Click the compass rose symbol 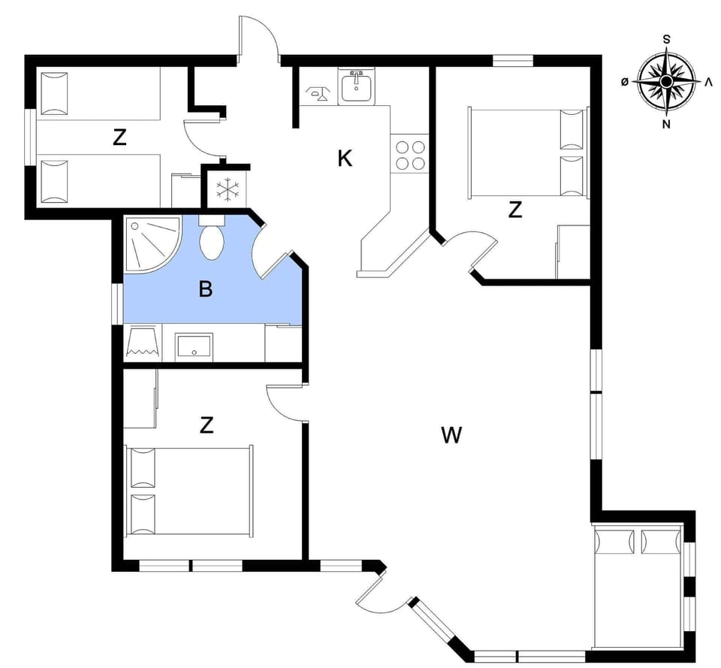666,81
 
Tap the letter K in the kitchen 345,159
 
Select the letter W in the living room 451,434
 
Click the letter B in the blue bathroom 205,289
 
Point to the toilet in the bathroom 212,239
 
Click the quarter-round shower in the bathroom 150,243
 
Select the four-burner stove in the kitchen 409,156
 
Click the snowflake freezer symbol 226,189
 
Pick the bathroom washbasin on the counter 194,346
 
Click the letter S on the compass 666,40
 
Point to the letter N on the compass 666,125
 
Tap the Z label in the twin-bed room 119,138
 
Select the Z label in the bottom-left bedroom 207,425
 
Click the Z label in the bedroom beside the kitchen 514,210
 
